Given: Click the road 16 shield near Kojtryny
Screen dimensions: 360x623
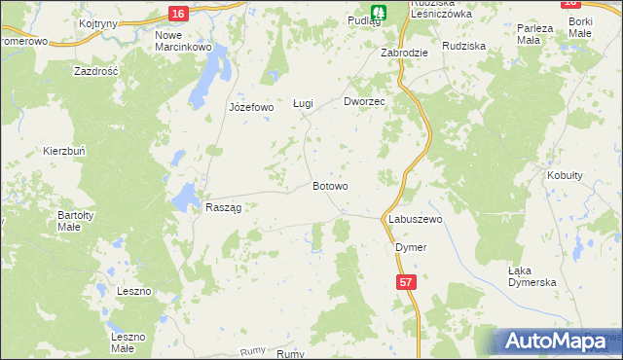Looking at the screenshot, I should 176,13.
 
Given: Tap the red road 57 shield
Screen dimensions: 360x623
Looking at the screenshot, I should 406,280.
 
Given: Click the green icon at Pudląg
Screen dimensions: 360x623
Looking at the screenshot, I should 381,12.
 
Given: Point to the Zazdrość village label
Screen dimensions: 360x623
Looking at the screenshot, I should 96,71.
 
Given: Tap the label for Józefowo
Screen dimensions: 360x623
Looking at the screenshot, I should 251,107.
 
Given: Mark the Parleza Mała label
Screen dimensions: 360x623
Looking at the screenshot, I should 535,34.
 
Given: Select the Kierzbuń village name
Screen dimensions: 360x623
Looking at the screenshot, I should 65,151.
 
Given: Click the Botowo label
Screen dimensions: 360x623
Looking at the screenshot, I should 330,185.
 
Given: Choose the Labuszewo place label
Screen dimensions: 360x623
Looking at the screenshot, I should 416,220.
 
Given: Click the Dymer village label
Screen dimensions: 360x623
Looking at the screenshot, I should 411,247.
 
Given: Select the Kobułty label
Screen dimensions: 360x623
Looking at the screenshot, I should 565,175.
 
